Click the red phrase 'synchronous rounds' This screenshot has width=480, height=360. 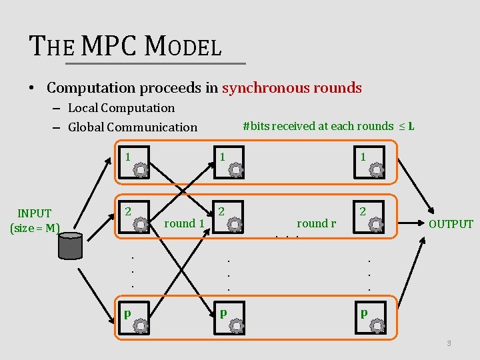point(291,87)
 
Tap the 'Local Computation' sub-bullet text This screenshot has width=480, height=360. point(121,108)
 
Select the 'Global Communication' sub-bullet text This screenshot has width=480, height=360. point(132,127)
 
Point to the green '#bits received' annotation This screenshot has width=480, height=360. point(328,125)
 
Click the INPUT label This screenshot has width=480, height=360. point(35,213)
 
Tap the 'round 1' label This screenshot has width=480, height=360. point(183,223)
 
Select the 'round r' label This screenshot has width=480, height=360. point(316,223)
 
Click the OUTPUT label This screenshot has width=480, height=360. point(451,224)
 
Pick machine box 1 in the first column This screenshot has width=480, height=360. point(134,163)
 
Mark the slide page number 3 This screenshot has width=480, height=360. point(449,343)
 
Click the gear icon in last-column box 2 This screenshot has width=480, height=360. point(377,225)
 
